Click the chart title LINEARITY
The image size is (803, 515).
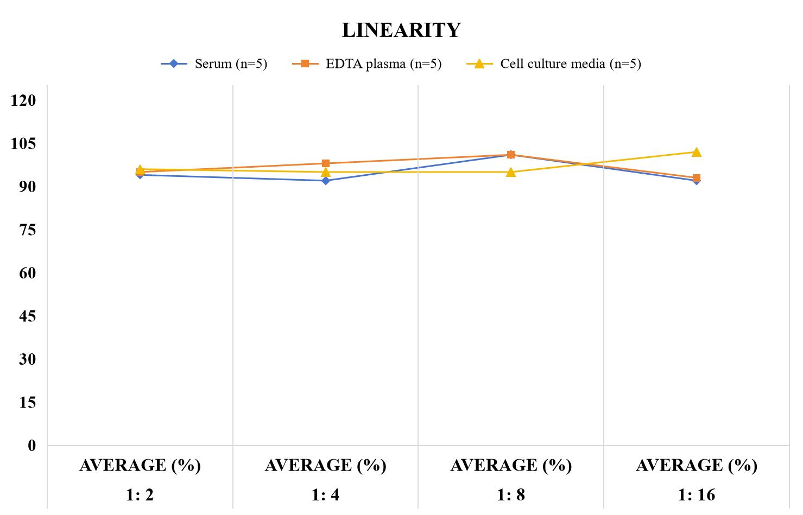click(401, 30)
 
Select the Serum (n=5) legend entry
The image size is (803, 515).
click(214, 64)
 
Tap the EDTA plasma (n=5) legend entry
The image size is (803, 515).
click(366, 64)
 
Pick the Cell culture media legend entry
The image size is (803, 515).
click(554, 64)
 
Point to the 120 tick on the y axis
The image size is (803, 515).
click(23, 100)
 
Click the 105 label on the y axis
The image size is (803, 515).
click(23, 144)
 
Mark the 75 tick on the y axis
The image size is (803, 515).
click(28, 230)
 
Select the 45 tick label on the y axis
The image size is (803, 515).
click(28, 316)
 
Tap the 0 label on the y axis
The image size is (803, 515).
click(32, 446)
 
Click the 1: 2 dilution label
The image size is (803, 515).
click(140, 495)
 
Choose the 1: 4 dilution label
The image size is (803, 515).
click(325, 495)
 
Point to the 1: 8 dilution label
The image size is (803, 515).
click(511, 495)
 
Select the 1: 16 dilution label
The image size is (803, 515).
click(696, 495)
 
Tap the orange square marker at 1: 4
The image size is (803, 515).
click(326, 164)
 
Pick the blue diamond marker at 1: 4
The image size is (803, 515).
click(326, 181)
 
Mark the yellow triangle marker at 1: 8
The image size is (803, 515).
click(511, 173)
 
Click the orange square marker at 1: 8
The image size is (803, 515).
click(511, 155)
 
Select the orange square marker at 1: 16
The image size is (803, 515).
click(696, 178)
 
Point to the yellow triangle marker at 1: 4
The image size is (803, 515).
click(326, 173)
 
